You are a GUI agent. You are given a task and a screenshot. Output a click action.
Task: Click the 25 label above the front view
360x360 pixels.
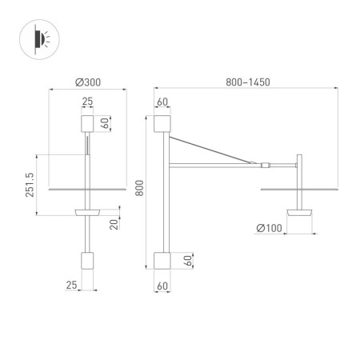click(x=88, y=102)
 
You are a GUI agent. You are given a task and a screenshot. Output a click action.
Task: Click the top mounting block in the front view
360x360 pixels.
click(x=88, y=124)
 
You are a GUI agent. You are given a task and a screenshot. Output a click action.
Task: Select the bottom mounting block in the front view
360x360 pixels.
click(x=88, y=261)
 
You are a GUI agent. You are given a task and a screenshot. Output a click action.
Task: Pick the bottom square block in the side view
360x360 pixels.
click(x=162, y=261)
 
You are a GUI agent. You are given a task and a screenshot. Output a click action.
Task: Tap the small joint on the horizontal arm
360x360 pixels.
click(x=263, y=165)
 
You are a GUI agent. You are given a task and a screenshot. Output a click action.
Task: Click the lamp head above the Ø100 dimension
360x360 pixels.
click(x=300, y=213)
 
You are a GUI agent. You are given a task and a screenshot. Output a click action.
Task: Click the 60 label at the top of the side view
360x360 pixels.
click(x=162, y=102)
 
